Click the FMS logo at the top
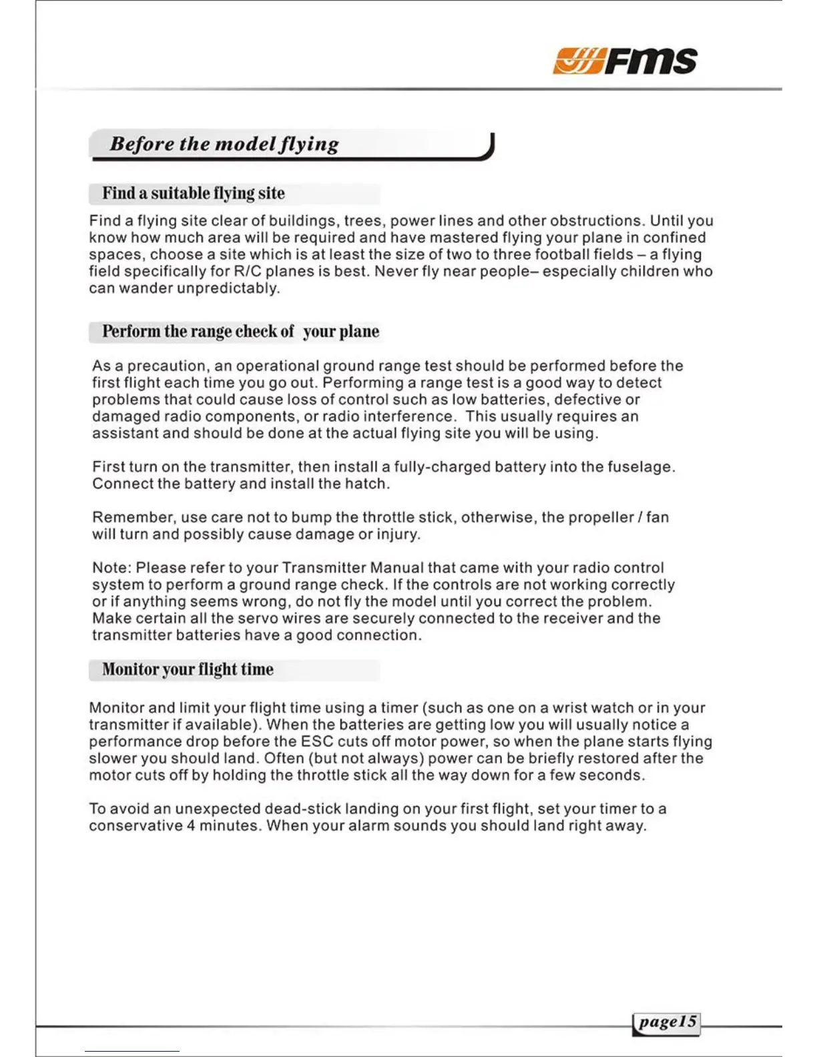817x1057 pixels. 625,61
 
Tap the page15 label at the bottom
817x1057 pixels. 667,1022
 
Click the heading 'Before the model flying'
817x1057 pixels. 224,144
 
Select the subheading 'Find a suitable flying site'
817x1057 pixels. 194,194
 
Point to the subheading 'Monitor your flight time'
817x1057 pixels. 188,669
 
